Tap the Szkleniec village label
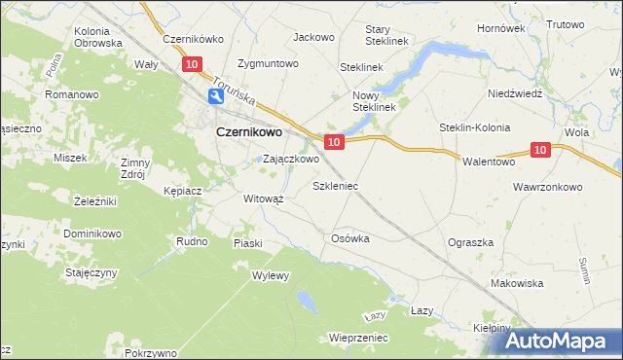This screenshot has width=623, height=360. click(x=335, y=184)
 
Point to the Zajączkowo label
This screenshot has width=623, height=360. click(x=291, y=159)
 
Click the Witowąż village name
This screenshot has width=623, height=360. click(x=263, y=198)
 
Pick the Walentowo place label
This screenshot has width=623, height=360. click(x=488, y=162)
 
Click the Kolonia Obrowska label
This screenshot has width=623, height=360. click(x=98, y=37)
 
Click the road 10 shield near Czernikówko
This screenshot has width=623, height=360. click(x=192, y=64)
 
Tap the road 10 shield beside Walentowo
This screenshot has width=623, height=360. click(x=542, y=149)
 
